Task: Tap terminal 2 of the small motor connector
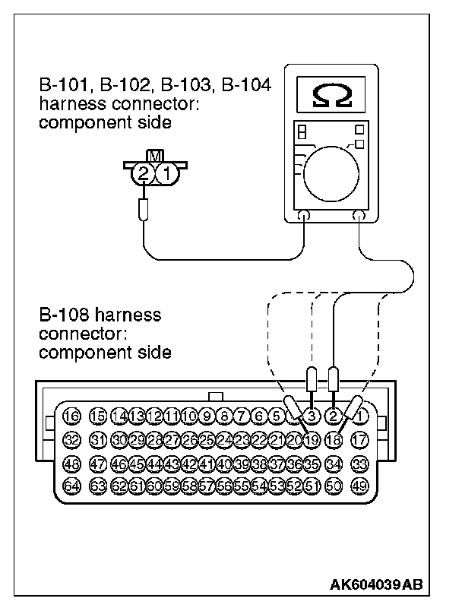point(143,173)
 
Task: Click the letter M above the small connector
point(155,156)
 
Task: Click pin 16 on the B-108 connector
point(71,416)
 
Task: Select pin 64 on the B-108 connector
point(71,486)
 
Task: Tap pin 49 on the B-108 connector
point(360,486)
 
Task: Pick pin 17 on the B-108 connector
point(360,438)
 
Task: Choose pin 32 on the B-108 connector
point(71,438)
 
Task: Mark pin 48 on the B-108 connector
point(71,462)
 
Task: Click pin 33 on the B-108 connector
point(360,462)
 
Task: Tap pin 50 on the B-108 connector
point(334,486)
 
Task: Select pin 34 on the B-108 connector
point(334,462)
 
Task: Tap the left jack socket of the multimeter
point(305,217)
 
